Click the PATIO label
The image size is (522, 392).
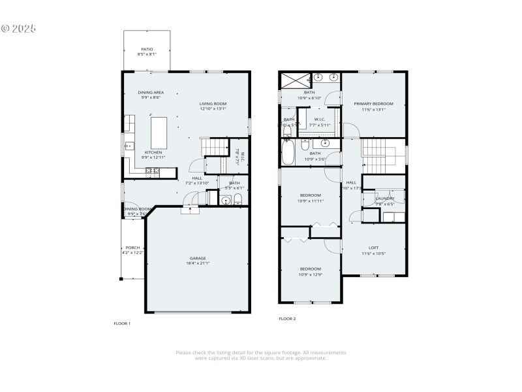coord(147,49)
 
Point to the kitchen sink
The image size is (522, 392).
coord(129,146)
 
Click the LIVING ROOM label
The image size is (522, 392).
coord(213,104)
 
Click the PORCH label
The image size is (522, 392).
coord(132,248)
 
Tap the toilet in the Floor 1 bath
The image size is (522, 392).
coord(238,199)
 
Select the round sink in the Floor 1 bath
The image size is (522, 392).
coord(226,201)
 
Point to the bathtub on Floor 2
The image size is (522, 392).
coord(288,154)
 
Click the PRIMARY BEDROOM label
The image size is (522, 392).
coord(373,104)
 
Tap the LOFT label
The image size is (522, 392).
coord(373,248)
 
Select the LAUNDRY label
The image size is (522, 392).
coord(384,198)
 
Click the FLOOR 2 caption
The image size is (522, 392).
coord(287,319)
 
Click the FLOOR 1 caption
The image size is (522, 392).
coord(122,323)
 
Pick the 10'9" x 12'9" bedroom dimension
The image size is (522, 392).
coord(310,274)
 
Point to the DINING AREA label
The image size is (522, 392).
coord(151,93)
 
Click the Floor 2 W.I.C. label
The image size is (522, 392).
coord(320,119)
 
